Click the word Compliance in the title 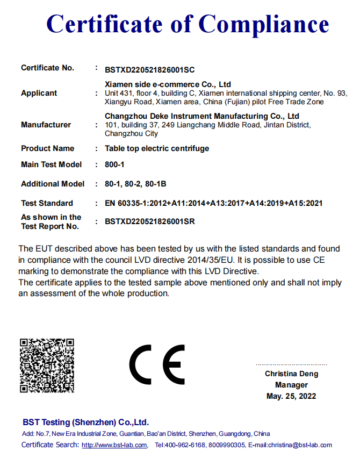(264, 24)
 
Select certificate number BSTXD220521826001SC (149, 69)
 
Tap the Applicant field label (39, 93)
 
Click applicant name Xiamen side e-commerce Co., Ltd (168, 84)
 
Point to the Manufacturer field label (46, 125)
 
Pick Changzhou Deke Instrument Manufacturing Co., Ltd (202, 116)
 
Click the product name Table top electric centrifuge (157, 148)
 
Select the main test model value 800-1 (114, 164)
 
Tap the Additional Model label (53, 184)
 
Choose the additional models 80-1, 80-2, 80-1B (135, 184)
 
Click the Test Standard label (47, 203)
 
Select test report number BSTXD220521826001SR (150, 221)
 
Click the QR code (47, 365)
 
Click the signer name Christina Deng (291, 374)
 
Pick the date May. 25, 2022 (291, 396)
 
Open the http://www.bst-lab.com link (114, 445)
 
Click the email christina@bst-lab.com (298, 445)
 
